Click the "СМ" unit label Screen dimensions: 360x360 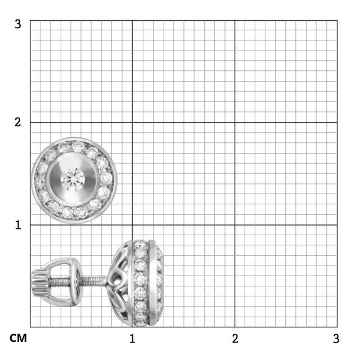coord(18,338)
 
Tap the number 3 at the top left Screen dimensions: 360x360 coord(18,24)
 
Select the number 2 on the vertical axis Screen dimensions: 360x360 coord(18,122)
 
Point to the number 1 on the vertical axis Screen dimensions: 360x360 coord(18,225)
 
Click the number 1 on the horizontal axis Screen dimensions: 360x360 coord(132,339)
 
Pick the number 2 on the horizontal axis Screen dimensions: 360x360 coord(235,339)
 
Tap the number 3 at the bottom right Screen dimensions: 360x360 coord(336,339)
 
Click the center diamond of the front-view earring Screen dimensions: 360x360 coord(73,179)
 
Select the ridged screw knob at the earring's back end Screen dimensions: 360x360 coord(40,283)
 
